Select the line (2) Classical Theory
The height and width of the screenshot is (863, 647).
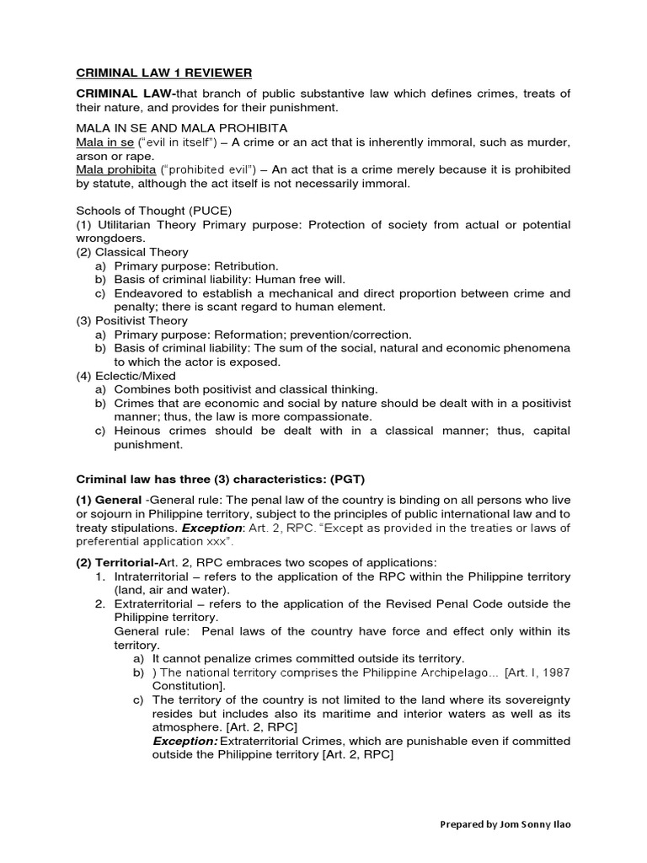(132, 252)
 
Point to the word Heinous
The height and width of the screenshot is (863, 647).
(138, 431)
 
